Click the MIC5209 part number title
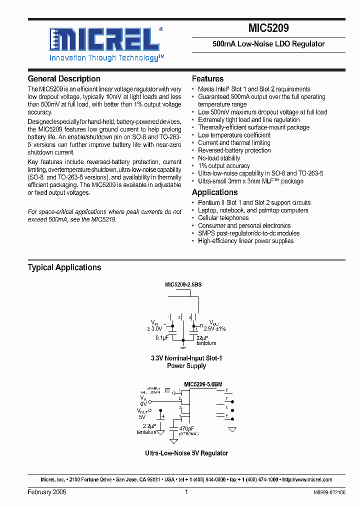pos(268,28)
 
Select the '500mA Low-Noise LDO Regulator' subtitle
pos(268,44)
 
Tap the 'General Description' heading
pos(64,79)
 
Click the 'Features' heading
pos(207,79)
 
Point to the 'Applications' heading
pos(214,192)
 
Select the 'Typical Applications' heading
pos(64,267)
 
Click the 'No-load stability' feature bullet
pos(219,158)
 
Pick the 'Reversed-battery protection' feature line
pos(234,150)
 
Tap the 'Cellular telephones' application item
pos(223,218)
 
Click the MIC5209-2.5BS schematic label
pos(183,284)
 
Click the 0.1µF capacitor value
pos(161,338)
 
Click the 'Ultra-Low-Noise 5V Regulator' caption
pos(186,453)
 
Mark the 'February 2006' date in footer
pos(46,492)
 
